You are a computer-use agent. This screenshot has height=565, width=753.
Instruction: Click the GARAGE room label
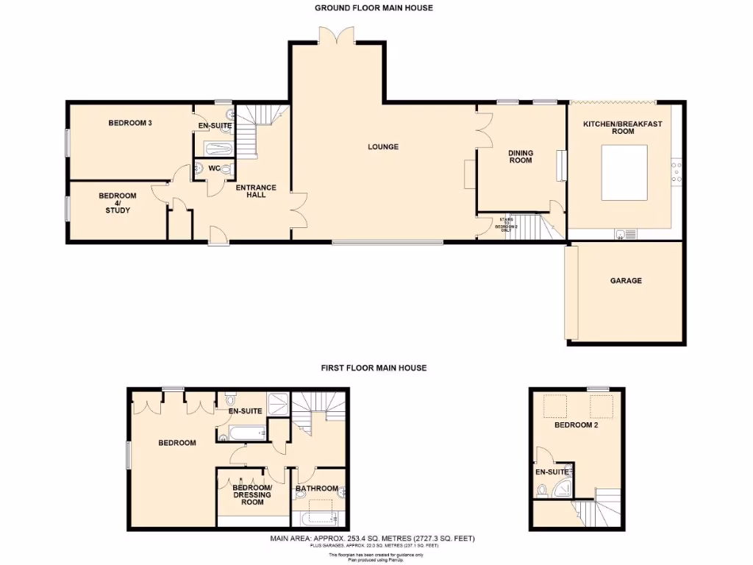tap(625, 280)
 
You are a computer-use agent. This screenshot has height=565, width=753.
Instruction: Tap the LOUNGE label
tap(383, 147)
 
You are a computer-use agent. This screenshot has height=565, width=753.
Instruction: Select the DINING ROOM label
tap(521, 157)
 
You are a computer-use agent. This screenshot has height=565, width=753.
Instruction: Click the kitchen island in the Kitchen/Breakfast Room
tap(624, 172)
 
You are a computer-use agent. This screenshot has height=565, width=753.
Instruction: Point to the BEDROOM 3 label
tap(130, 123)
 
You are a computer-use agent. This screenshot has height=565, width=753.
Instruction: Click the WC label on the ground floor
tap(214, 169)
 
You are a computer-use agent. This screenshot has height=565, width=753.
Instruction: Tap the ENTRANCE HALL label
tap(256, 191)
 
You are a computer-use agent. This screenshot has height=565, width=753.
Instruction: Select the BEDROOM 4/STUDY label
tap(118, 203)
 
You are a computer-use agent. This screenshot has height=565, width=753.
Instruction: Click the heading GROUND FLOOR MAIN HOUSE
tap(374, 8)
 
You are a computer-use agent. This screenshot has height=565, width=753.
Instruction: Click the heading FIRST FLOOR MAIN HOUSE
tap(374, 368)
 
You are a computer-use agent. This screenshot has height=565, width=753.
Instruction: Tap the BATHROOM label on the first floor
tap(316, 488)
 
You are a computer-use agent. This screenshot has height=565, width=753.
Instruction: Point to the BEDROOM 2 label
tap(576, 425)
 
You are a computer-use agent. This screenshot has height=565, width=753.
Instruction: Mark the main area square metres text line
tap(373, 539)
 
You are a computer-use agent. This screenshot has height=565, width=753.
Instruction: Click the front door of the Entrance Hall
tap(218, 236)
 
